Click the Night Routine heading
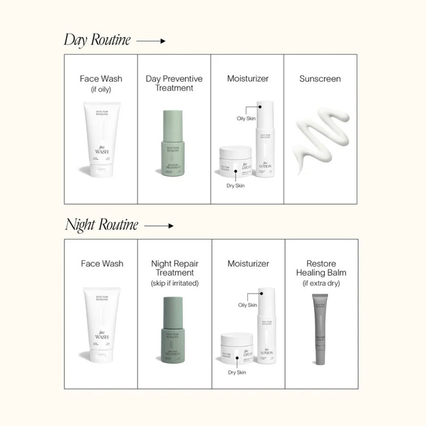[x=101, y=225]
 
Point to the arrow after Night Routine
[x=159, y=226]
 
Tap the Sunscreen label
[x=320, y=79]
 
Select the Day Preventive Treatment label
[x=174, y=83]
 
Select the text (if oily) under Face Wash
[x=101, y=88]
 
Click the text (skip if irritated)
[x=175, y=283]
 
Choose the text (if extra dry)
[x=321, y=283]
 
